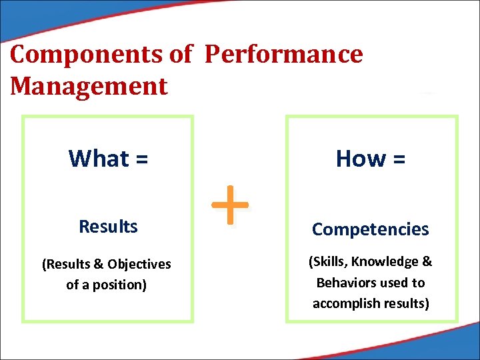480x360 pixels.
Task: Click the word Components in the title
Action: pos(89,55)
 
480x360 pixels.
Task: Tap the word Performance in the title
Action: pos(283,55)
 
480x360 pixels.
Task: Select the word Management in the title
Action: pos(89,87)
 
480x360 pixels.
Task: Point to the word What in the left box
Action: pos(99,159)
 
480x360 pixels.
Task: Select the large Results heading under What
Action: pos(108,227)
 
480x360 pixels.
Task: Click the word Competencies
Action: pos(371,229)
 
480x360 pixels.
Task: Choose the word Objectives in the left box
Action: pos(139,265)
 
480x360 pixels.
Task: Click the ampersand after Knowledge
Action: pos(427,262)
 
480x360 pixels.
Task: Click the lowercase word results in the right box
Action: pos(408,303)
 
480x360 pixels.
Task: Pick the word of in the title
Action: pos(180,55)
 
